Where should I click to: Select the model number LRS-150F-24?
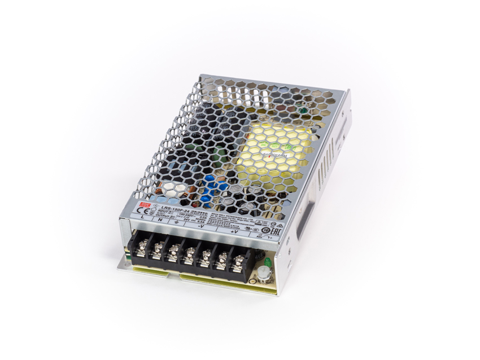[x=168, y=209]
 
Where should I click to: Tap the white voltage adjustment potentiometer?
[x=263, y=274]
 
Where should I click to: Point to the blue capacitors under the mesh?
[x=215, y=189]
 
